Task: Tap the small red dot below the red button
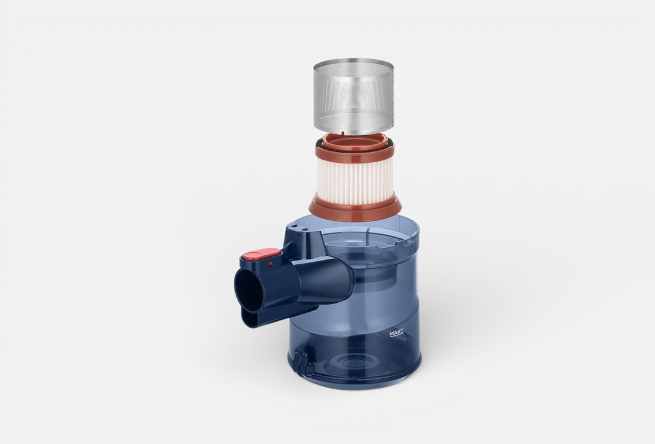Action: tap(271, 264)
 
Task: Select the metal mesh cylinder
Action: tap(353, 97)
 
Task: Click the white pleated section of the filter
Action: tap(354, 183)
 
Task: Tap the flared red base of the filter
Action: tap(355, 209)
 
